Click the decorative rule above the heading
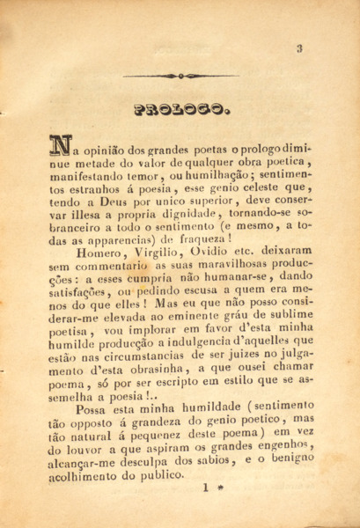(x=180, y=77)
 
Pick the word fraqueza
(x=202, y=237)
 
